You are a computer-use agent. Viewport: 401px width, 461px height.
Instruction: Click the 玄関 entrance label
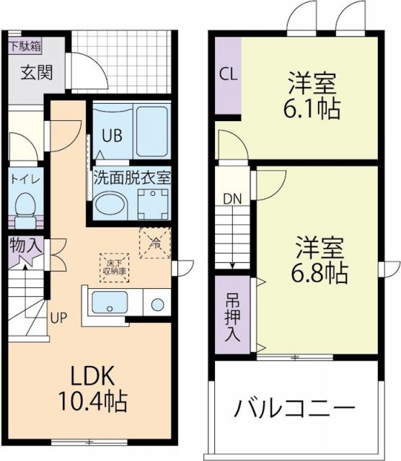click(x=35, y=72)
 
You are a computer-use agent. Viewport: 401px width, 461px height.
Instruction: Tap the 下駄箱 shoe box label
click(x=26, y=45)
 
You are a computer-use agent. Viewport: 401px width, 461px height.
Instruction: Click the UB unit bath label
click(x=111, y=134)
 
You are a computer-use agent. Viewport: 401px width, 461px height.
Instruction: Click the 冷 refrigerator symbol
click(x=154, y=243)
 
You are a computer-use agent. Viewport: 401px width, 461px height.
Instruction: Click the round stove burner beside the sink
click(x=155, y=303)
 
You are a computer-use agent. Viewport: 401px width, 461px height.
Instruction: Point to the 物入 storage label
click(x=26, y=246)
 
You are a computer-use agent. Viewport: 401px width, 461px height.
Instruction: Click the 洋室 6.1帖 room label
click(x=313, y=96)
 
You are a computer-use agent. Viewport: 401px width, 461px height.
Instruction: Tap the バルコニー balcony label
click(x=294, y=409)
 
